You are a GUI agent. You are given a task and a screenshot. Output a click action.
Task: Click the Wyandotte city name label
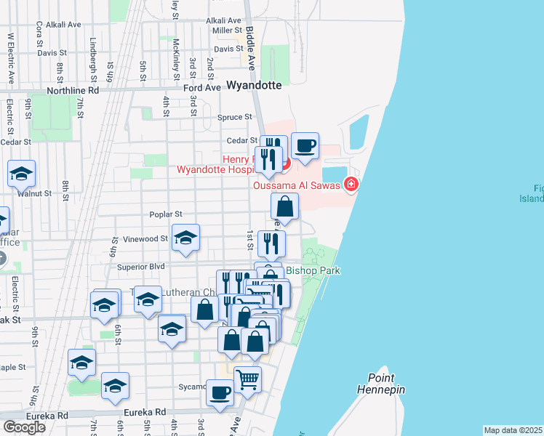click(x=254, y=85)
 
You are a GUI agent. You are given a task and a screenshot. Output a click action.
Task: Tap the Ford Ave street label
click(x=201, y=87)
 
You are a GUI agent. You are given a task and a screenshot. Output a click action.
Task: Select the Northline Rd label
click(x=72, y=91)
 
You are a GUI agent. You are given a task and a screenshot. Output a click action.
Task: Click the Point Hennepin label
click(x=376, y=384)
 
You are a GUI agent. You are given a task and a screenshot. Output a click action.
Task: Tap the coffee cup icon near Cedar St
click(x=305, y=145)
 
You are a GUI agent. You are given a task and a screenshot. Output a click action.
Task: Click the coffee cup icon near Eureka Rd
click(x=220, y=392)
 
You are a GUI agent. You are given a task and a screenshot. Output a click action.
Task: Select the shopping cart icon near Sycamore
click(x=247, y=379)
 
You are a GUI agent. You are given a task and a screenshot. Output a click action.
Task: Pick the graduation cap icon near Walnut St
click(x=22, y=174)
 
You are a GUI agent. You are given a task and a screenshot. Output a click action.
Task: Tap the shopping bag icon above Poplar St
click(x=285, y=206)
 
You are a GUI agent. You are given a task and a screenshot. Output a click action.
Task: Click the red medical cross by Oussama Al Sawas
click(x=351, y=185)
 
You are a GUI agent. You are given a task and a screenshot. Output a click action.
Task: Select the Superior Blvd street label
click(x=141, y=267)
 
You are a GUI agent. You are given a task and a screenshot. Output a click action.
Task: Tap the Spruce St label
click(x=236, y=116)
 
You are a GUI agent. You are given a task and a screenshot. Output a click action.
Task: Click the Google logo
click(x=24, y=427)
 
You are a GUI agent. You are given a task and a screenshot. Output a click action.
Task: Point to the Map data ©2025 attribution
click(x=513, y=430)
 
